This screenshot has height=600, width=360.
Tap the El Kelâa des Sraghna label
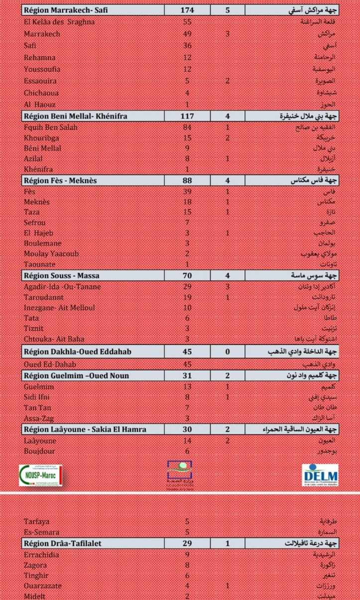[59, 22]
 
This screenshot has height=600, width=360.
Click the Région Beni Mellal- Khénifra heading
[75, 116]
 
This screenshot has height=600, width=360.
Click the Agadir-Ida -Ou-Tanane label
[62, 286]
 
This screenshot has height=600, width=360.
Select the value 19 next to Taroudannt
[187, 297]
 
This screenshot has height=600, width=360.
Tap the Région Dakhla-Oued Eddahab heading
[77, 352]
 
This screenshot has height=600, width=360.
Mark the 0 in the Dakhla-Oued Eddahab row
[228, 352]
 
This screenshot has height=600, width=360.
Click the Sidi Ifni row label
[37, 397]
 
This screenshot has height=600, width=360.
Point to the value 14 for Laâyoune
[187, 441]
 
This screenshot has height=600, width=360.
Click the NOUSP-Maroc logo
[42, 475]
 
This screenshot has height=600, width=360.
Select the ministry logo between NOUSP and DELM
[180, 474]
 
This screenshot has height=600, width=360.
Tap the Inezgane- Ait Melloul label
[59, 308]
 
